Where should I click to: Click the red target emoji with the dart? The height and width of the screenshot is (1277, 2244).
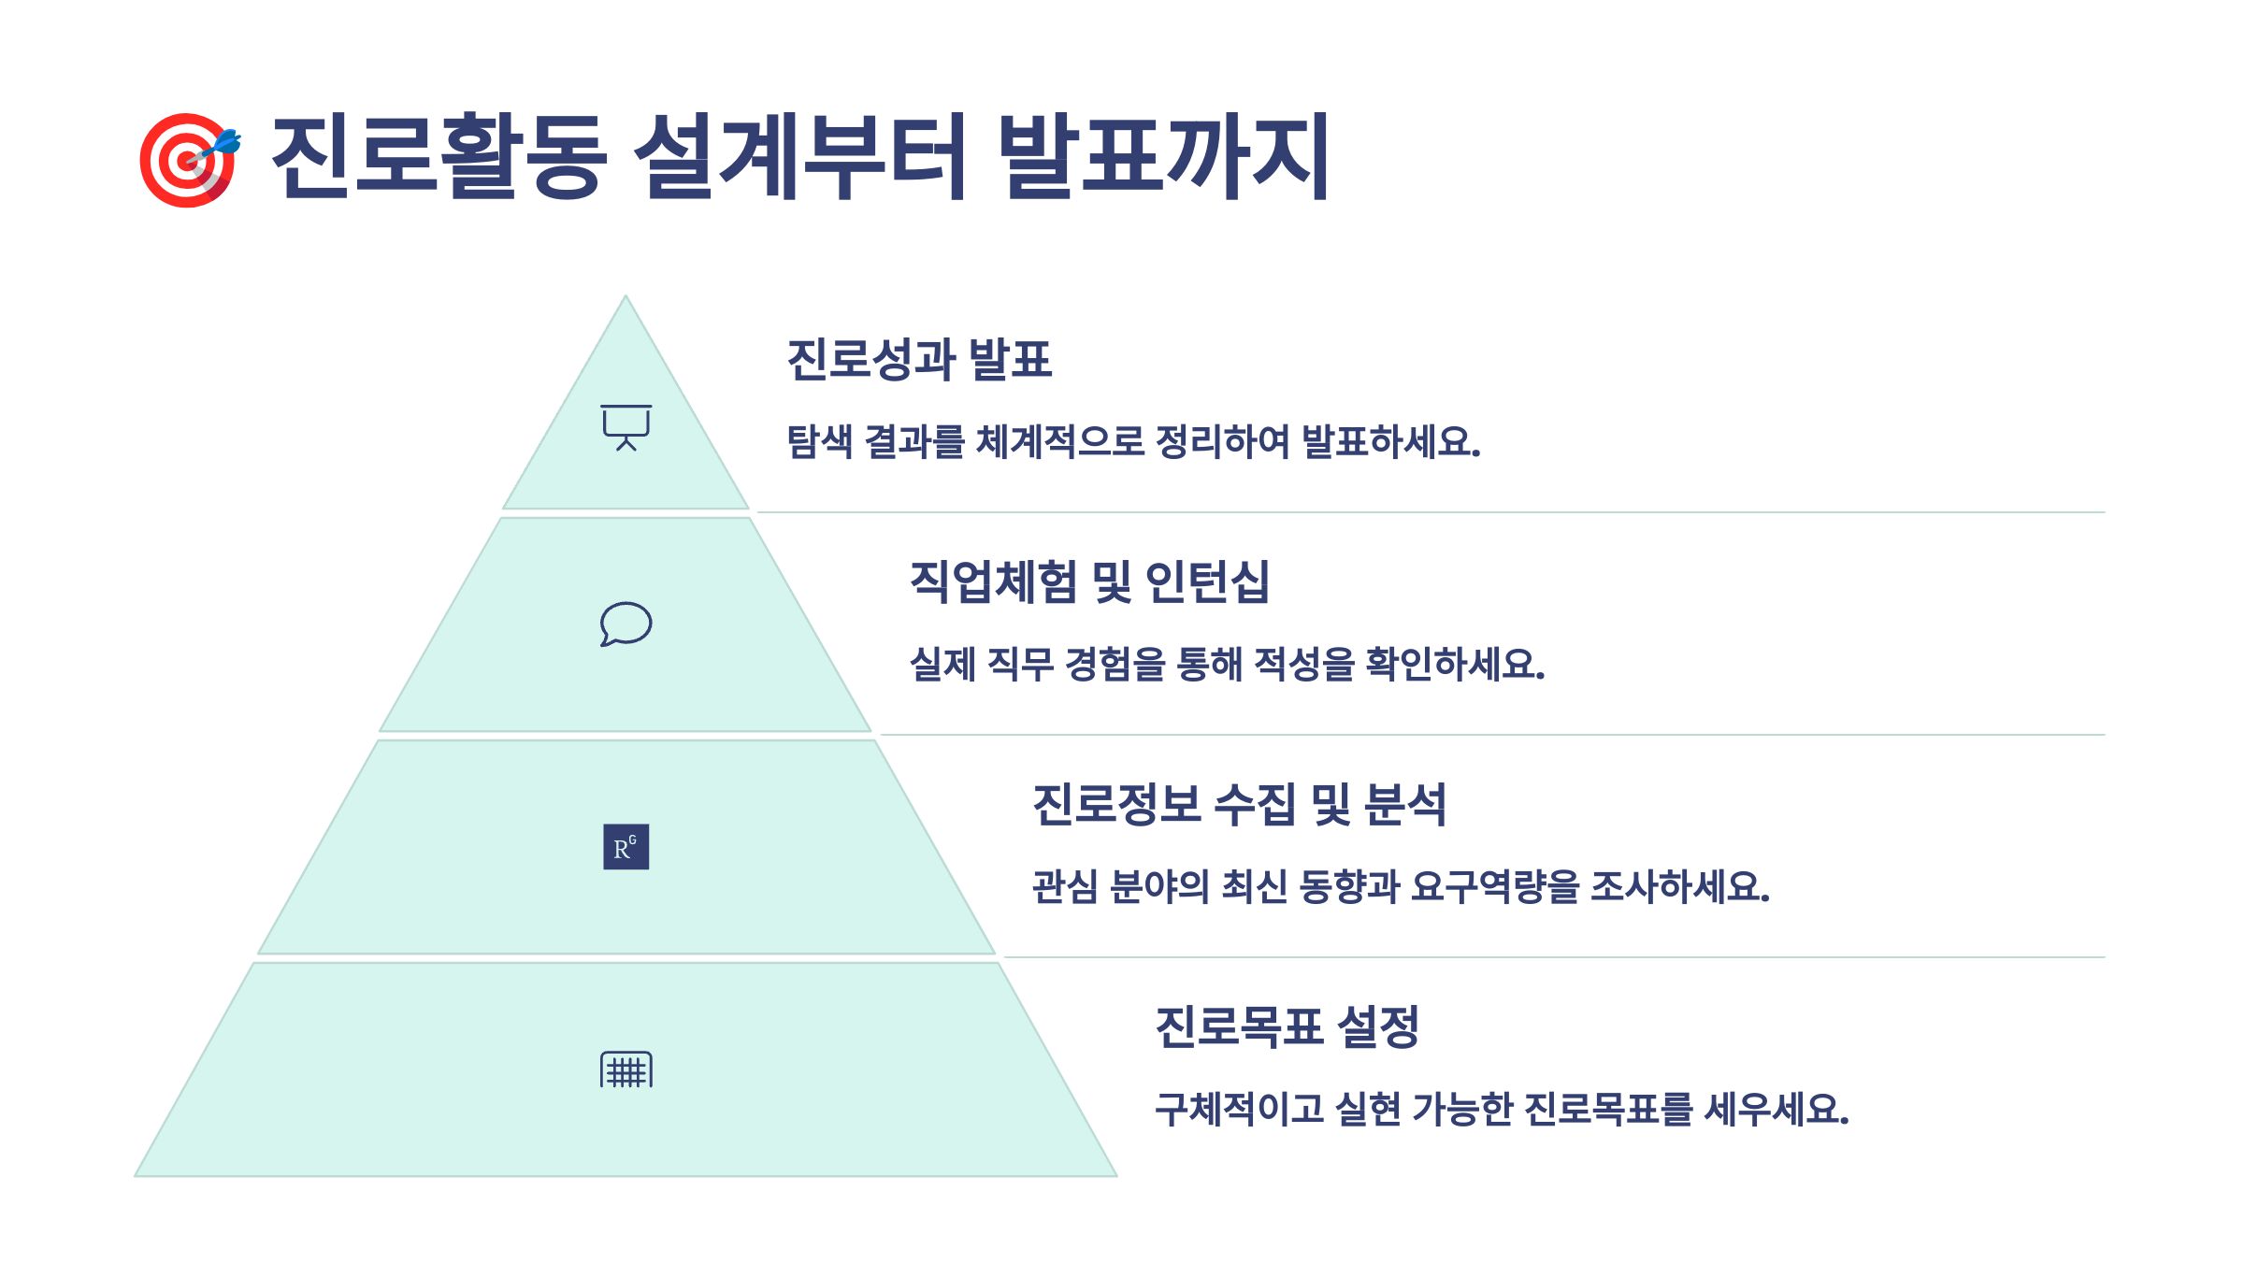click(190, 159)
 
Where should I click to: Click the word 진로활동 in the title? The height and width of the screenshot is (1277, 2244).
click(439, 156)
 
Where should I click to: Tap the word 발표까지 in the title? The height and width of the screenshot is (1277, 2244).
click(1163, 156)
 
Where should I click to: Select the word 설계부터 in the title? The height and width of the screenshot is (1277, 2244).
click(800, 156)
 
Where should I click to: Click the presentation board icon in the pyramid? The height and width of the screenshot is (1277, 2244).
click(626, 427)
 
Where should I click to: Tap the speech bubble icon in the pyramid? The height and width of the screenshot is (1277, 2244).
click(626, 624)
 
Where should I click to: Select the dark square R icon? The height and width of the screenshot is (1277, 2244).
click(626, 847)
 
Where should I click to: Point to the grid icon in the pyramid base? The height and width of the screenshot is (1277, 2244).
click(626, 1069)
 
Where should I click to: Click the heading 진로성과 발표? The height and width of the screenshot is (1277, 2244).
click(919, 360)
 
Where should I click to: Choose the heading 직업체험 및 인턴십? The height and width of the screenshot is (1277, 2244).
click(1089, 581)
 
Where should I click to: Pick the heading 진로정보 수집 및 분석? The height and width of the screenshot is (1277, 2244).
click(1239, 804)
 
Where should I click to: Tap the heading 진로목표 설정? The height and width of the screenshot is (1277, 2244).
click(1287, 1026)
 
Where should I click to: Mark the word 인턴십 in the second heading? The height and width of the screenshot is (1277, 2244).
click(1207, 581)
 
